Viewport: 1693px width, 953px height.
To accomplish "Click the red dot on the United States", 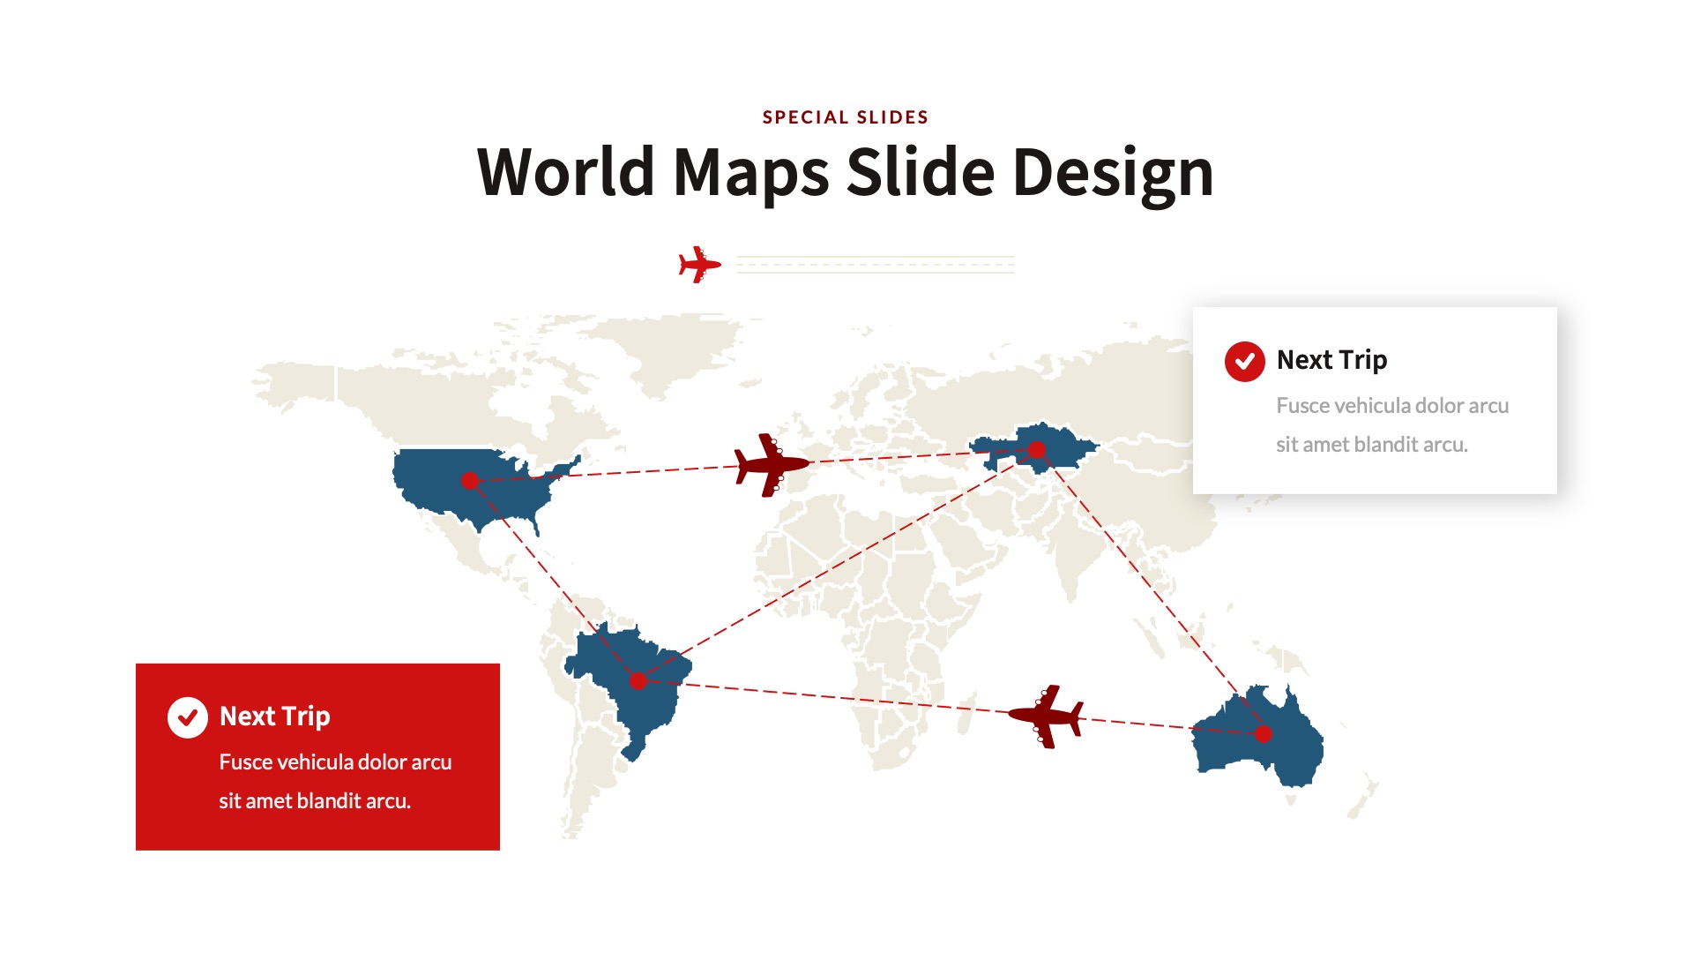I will point(470,481).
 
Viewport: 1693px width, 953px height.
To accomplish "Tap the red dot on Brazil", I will point(638,681).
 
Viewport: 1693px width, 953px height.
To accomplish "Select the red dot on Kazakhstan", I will point(1037,450).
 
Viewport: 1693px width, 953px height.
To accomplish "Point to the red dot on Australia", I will point(1264,733).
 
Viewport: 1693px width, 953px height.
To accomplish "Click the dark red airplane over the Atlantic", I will point(771,464).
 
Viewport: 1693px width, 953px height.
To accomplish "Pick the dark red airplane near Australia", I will point(1047,716).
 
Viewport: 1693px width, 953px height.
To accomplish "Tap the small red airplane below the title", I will point(699,265).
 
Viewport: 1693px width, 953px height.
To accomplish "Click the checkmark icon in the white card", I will point(1244,362).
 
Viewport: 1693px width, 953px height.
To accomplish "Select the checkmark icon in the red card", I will point(188,717).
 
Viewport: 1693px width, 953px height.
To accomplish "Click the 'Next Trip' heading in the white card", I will point(1331,360).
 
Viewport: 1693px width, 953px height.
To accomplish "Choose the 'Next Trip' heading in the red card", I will point(274,717).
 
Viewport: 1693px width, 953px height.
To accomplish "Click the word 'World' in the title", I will point(565,172).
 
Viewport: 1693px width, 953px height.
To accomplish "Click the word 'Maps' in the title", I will point(750,174).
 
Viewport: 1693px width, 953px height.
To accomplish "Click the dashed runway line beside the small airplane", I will point(875,265).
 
